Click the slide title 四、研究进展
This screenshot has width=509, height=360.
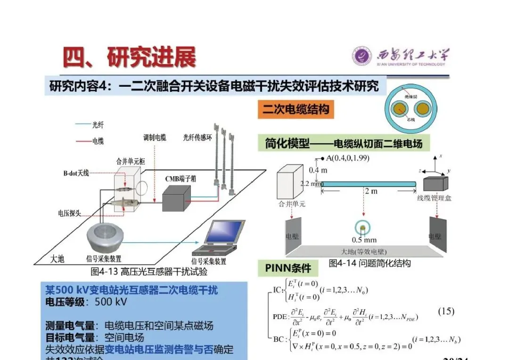(x=130, y=57)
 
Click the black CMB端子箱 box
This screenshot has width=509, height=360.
(x=176, y=197)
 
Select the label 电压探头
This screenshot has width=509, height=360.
(x=69, y=213)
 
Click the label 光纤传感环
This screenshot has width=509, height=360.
(x=198, y=138)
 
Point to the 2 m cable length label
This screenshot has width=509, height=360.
(x=371, y=191)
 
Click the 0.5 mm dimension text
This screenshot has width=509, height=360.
(x=364, y=239)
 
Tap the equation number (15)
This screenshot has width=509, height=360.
(x=446, y=311)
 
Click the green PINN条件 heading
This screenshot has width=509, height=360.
(x=288, y=268)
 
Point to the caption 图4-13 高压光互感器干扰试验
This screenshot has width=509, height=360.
(x=149, y=271)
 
